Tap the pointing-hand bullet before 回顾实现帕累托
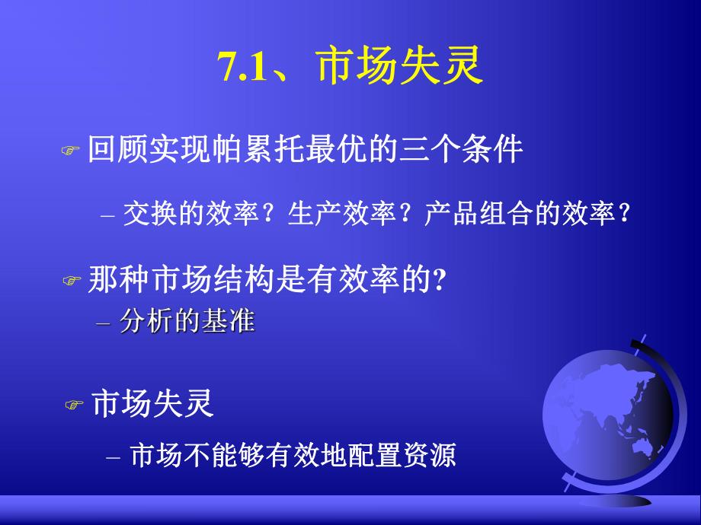click(x=70, y=151)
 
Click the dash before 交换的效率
click(x=107, y=217)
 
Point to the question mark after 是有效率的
click(x=439, y=280)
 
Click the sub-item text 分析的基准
click(x=187, y=322)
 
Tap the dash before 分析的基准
click(x=104, y=323)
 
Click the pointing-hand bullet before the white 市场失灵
click(x=74, y=406)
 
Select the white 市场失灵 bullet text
click(x=152, y=403)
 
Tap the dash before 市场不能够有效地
click(x=114, y=457)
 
